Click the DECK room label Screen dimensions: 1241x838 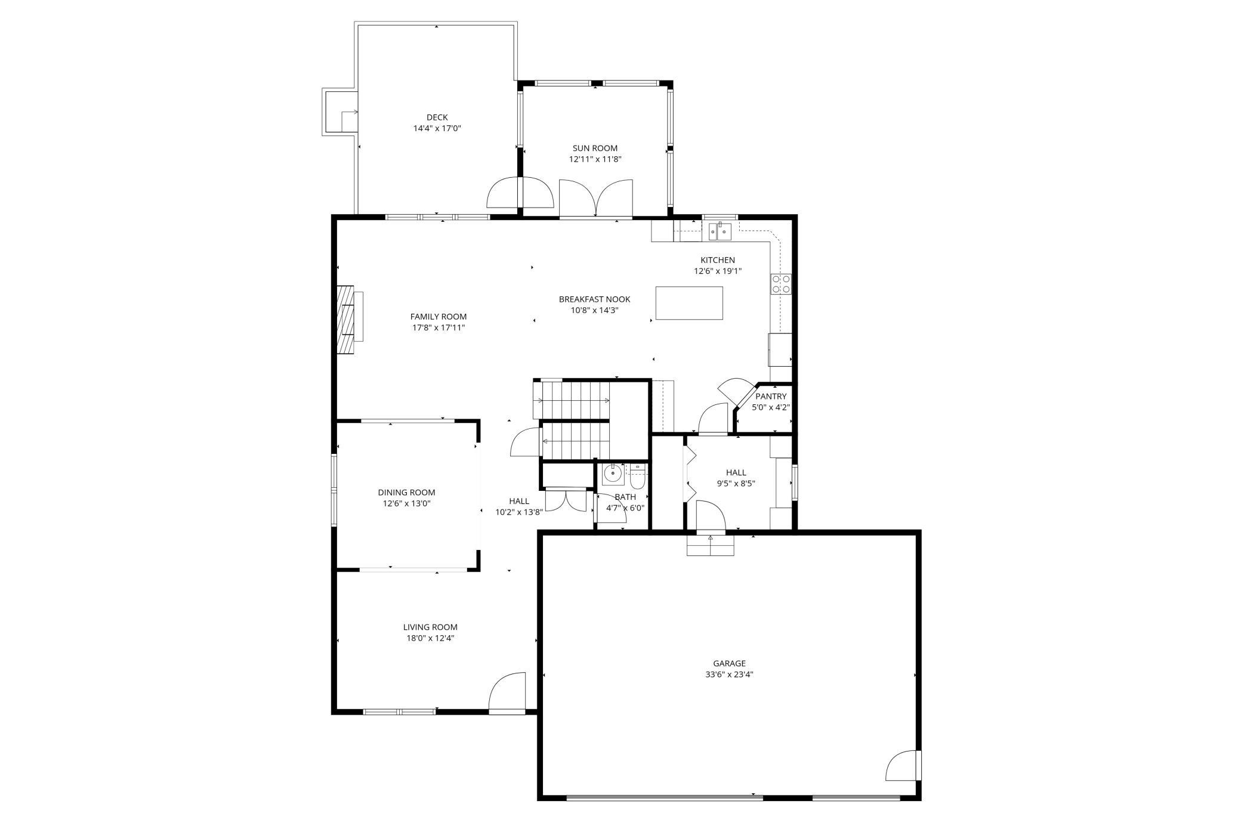[x=437, y=117]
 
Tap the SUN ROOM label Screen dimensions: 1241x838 [x=595, y=149]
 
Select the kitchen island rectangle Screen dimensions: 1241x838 [x=689, y=303]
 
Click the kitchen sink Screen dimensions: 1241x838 [x=720, y=230]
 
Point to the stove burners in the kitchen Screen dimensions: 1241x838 [x=781, y=283]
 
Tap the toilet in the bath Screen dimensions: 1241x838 [x=637, y=477]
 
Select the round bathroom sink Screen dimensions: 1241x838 [x=612, y=474]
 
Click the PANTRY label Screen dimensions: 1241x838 [x=771, y=397]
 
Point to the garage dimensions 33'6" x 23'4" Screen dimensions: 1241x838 [x=729, y=675]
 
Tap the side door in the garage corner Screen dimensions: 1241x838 [x=903, y=766]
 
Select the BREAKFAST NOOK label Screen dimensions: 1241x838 [x=594, y=299]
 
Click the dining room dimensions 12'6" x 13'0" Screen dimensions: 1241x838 [x=406, y=503]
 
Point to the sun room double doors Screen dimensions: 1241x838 [x=595, y=199]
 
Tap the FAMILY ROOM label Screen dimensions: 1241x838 [x=438, y=317]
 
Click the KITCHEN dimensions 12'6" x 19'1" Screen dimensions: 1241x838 [x=717, y=271]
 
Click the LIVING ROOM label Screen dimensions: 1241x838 [x=430, y=627]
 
